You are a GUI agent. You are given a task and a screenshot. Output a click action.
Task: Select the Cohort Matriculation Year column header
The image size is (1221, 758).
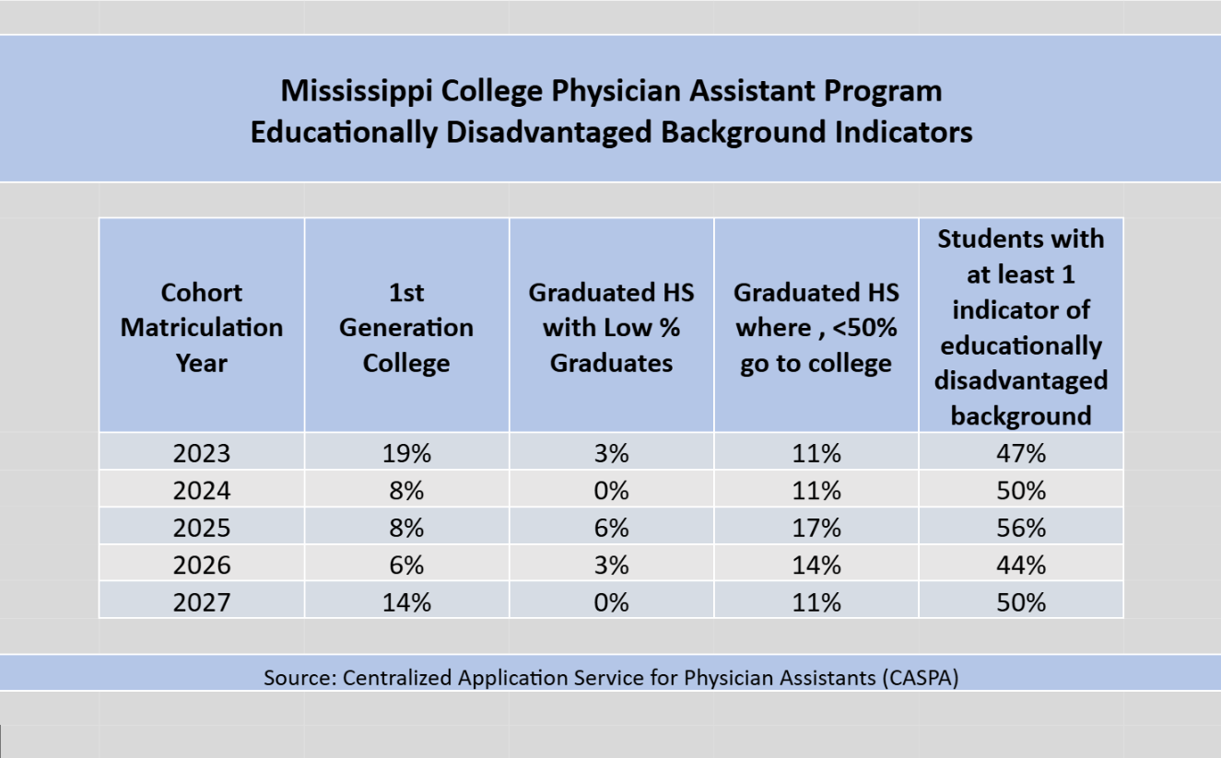tap(202, 327)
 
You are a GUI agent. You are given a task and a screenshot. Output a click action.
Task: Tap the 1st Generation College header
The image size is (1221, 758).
tap(406, 327)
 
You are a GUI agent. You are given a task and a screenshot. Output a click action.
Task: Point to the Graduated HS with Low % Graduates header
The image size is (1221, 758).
tap(611, 327)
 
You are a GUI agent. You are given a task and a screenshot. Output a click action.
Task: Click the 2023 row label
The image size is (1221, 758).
tap(202, 453)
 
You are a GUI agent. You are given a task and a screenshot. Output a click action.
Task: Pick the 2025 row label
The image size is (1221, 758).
tap(202, 528)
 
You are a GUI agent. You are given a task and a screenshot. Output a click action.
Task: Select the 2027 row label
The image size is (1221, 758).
tap(202, 602)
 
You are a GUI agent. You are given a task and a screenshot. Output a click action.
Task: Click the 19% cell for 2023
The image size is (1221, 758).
tap(406, 453)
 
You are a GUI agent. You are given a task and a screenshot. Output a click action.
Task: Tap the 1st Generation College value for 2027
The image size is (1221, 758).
tap(406, 602)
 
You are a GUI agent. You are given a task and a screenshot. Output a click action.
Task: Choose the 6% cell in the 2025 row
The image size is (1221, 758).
tap(611, 528)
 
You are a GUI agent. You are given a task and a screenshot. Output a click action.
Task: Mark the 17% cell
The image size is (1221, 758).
tap(816, 528)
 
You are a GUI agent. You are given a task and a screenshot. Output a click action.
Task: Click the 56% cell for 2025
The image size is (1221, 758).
tap(1021, 528)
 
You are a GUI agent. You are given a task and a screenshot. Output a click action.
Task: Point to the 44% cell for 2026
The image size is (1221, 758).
tap(1021, 565)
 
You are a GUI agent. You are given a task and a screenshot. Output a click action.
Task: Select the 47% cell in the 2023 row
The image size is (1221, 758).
tap(1021, 453)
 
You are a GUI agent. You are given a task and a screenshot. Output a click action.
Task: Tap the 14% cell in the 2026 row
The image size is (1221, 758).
tap(816, 565)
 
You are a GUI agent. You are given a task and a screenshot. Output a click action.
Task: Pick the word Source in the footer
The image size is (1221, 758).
tap(296, 678)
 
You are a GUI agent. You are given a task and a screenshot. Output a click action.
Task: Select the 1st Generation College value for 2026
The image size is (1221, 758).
tap(406, 565)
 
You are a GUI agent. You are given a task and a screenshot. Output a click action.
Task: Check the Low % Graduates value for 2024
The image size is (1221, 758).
tap(611, 490)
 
